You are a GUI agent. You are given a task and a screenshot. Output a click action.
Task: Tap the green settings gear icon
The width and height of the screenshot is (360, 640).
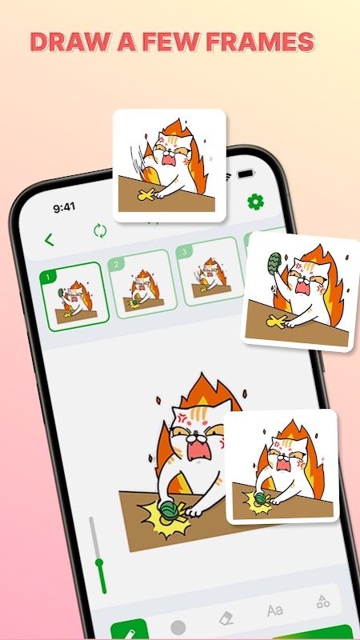(x=255, y=202)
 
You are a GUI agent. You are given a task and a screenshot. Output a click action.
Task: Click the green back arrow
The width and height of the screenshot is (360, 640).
(x=49, y=239)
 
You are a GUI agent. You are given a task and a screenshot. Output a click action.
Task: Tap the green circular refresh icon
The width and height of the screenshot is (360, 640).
(x=100, y=230)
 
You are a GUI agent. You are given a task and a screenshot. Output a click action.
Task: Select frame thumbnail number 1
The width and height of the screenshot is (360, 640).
(x=74, y=297)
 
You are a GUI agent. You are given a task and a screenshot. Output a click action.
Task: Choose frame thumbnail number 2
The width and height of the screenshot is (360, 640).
(x=143, y=284)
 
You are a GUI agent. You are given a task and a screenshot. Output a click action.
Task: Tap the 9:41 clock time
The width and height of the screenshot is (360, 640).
(x=64, y=207)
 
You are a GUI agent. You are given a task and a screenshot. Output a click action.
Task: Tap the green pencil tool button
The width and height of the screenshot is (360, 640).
(x=130, y=630)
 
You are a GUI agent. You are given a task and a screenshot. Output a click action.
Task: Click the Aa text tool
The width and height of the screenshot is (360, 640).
(x=275, y=610)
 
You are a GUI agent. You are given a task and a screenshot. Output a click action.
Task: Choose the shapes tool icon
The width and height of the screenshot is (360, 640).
(x=323, y=602)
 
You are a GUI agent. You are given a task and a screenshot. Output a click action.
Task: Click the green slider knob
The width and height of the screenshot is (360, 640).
(x=99, y=562)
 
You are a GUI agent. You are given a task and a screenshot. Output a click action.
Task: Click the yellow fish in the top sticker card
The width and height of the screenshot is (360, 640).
(x=146, y=195)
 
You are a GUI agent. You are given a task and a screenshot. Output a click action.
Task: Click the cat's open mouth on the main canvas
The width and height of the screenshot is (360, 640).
(x=199, y=449)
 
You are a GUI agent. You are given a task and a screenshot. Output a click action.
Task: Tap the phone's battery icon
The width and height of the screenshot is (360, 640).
(x=246, y=174)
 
